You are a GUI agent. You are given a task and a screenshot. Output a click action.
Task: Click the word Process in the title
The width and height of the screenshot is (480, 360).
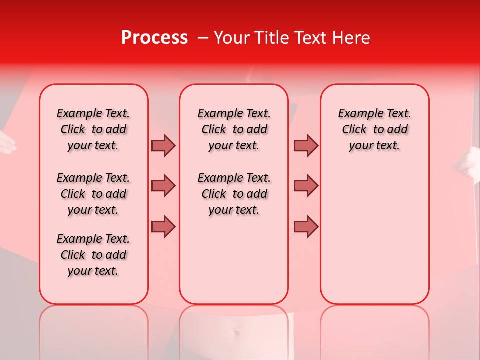pyautogui.click(x=154, y=38)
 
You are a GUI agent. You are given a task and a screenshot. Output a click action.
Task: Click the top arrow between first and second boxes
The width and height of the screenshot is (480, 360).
pyautogui.click(x=163, y=145)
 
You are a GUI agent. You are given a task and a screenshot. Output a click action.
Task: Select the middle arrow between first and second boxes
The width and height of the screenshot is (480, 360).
pyautogui.click(x=163, y=186)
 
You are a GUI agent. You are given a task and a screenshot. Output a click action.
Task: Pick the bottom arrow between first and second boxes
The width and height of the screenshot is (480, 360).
pyautogui.click(x=163, y=226)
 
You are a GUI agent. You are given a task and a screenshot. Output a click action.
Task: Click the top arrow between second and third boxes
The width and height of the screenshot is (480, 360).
pyautogui.click(x=306, y=145)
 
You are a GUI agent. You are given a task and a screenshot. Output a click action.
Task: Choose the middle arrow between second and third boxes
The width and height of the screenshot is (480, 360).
pyautogui.click(x=306, y=186)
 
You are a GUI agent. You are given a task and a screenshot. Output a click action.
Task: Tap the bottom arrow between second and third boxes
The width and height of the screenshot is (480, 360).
pyautogui.click(x=306, y=226)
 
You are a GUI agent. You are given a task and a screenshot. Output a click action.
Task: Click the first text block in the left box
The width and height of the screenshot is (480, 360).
pyautogui.click(x=93, y=129)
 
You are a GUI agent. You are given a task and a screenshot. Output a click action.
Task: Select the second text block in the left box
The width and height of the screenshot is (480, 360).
pyautogui.click(x=93, y=194)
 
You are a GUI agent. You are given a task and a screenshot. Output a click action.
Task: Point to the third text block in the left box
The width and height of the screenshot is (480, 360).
pyautogui.click(x=93, y=255)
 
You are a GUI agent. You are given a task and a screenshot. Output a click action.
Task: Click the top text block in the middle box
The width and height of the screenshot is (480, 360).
pyautogui.click(x=234, y=129)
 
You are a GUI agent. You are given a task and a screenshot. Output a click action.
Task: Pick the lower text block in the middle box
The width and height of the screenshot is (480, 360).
pyautogui.click(x=234, y=194)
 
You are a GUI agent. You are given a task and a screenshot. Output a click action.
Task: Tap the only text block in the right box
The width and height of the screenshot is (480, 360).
pyautogui.click(x=374, y=129)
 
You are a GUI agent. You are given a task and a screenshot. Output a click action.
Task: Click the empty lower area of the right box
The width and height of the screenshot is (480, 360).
pyautogui.click(x=374, y=235)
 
